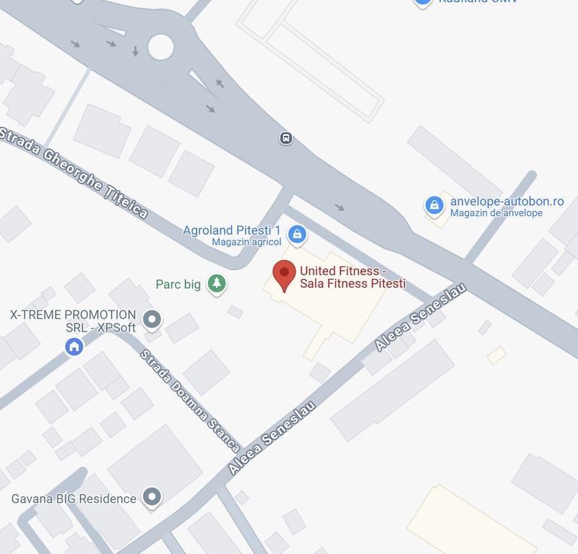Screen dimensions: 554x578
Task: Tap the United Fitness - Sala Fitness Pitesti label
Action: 353,277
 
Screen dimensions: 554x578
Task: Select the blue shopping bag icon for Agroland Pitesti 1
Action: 296,234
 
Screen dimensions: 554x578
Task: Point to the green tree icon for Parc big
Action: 215,284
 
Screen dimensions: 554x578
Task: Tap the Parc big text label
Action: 178,285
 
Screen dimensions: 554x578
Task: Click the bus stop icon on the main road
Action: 287,138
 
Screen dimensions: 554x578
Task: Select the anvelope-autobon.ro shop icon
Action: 433,206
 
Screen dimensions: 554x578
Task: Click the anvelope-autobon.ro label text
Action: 506,201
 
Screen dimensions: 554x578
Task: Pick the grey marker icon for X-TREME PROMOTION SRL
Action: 152,318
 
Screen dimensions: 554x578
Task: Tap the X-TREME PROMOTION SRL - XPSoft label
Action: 72,321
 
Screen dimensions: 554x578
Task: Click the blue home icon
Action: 74,347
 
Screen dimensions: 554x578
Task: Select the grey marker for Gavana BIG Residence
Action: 152,497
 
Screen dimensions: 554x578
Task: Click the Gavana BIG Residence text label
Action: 74,498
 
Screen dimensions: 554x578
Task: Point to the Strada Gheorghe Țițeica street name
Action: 75,173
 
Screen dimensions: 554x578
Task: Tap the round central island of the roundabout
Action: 161,48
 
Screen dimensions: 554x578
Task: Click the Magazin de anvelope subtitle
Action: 496,213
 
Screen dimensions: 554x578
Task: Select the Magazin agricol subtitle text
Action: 246,242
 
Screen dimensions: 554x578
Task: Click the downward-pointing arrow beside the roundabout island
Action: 135,51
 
